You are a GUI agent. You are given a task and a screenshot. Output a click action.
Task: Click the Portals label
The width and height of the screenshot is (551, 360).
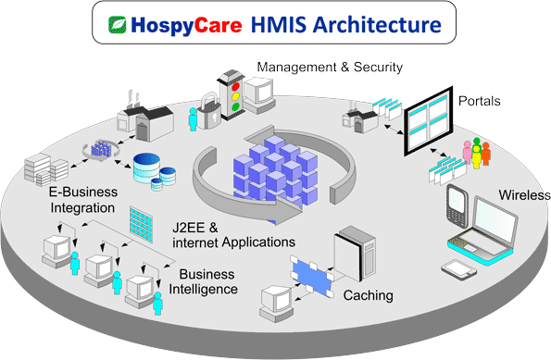click(481, 99)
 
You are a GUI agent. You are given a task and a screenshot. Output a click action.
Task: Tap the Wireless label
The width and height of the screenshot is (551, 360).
click(524, 195)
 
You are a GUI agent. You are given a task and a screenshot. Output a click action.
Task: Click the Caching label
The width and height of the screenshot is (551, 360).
click(369, 296)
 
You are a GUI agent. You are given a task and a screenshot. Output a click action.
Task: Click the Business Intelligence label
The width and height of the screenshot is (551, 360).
click(207, 281)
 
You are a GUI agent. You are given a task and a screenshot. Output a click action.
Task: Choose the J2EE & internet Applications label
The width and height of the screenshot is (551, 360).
click(232, 234)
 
